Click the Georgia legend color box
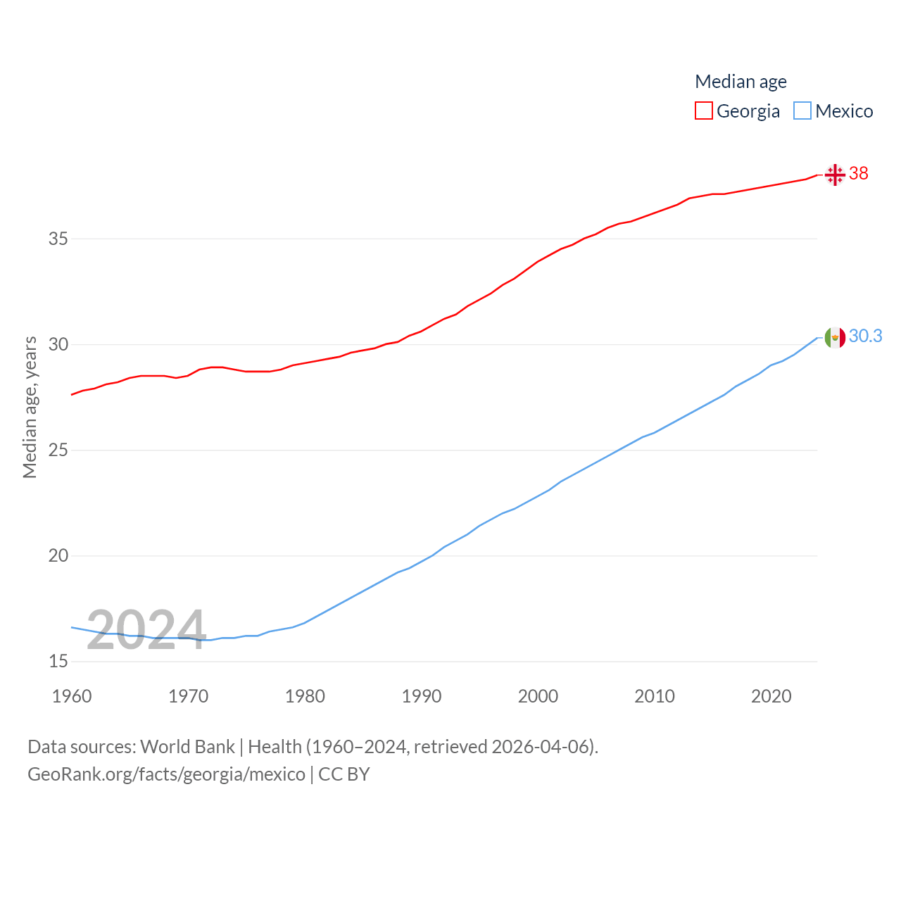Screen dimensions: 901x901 [x=703, y=111]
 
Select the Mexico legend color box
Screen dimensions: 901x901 [x=802, y=111]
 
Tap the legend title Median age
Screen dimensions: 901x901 [x=741, y=82]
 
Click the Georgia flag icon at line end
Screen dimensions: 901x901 [x=835, y=174]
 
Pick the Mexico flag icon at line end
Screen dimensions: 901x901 [x=835, y=338]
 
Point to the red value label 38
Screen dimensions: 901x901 [x=859, y=173]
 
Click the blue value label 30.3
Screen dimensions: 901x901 [x=865, y=336]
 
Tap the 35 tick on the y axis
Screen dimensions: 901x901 [x=58, y=239]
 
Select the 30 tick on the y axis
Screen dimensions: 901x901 [x=58, y=344]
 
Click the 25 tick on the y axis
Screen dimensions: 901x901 [x=58, y=450]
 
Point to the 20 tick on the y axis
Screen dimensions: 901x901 [x=58, y=555]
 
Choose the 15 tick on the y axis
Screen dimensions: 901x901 [x=58, y=661]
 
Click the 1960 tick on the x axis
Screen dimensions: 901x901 [x=72, y=696]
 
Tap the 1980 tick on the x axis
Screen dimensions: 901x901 [x=305, y=696]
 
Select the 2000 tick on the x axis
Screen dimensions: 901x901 [x=538, y=696]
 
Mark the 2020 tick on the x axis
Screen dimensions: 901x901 [x=771, y=696]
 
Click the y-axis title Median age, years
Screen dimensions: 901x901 [x=30, y=408]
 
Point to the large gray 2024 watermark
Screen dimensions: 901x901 [x=146, y=629]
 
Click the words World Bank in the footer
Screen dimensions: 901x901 [x=187, y=746]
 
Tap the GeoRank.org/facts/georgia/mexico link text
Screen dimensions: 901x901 [x=166, y=774]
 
